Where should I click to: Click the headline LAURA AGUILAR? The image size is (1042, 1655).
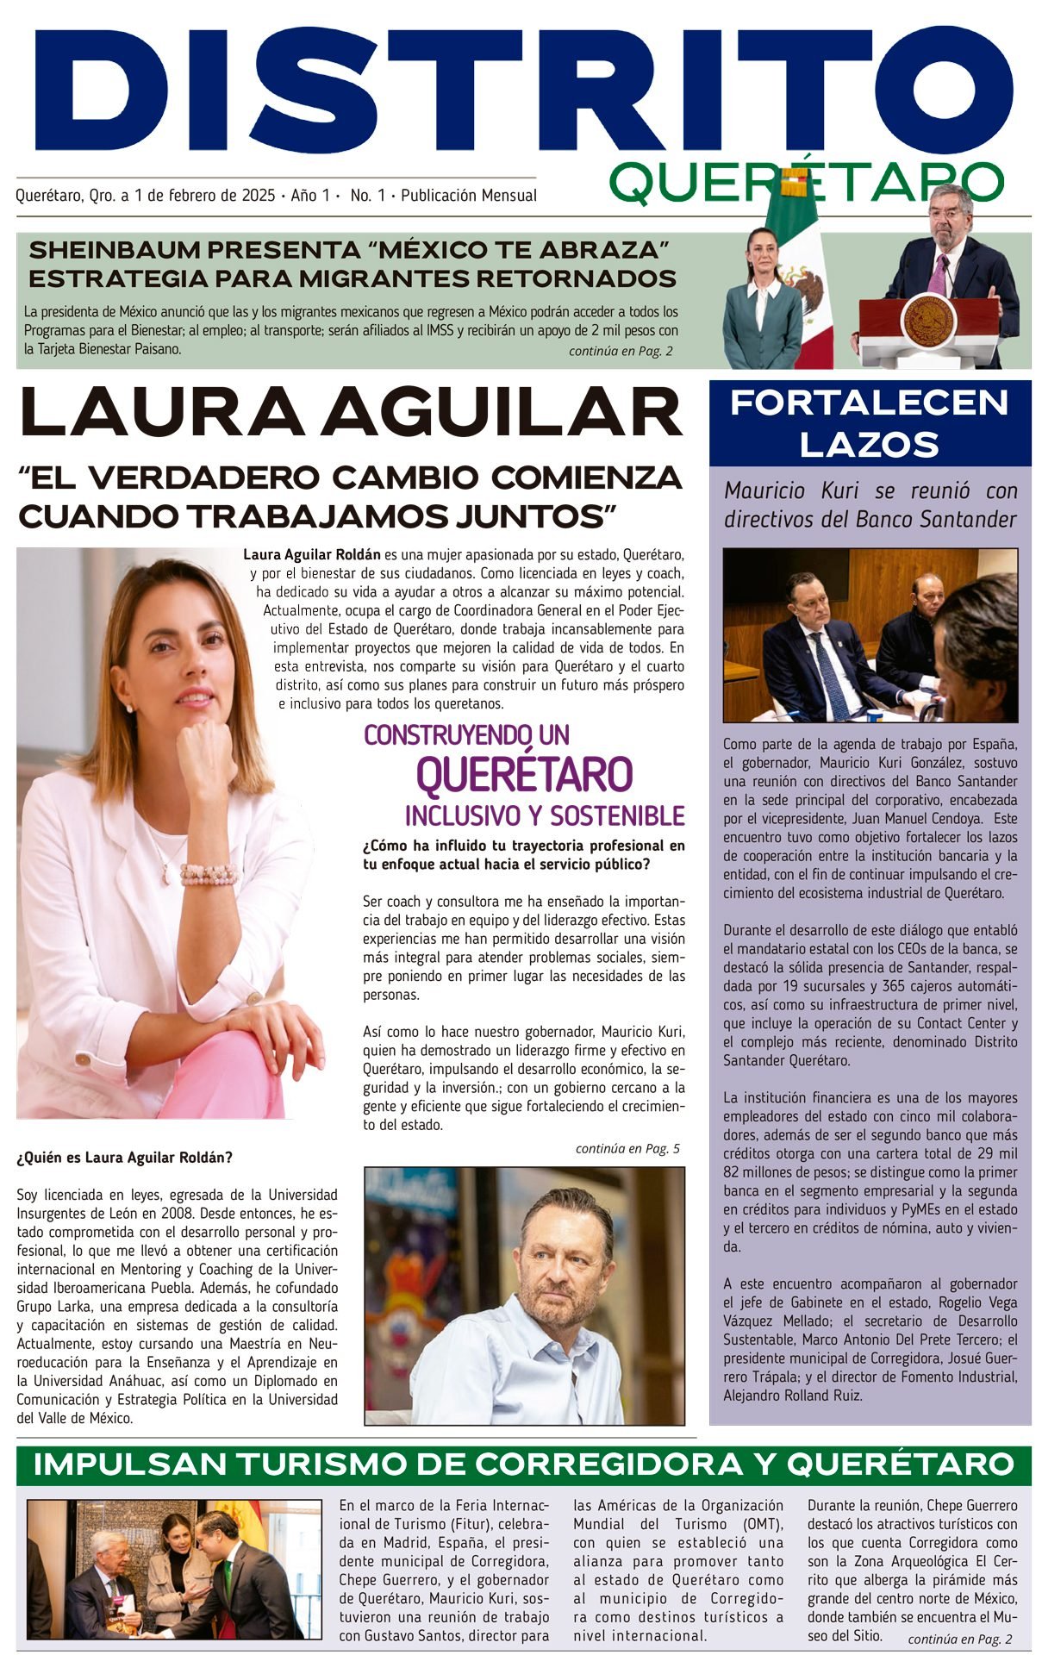tap(351, 412)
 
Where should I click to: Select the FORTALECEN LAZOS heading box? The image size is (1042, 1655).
tap(870, 423)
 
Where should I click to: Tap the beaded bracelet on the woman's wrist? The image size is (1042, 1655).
tap(208, 874)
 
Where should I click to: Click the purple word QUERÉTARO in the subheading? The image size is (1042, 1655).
tap(524, 773)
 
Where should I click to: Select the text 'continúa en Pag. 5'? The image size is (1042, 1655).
tap(627, 1149)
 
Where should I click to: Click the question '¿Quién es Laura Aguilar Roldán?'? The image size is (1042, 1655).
tap(125, 1158)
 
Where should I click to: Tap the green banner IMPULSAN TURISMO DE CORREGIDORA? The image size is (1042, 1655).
tap(523, 1465)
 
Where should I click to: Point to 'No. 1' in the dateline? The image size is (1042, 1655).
tap(368, 196)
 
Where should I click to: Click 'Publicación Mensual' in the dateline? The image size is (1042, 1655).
tap(469, 196)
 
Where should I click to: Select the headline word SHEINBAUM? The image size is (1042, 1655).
tap(114, 251)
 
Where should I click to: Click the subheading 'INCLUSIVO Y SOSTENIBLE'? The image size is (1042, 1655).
tap(545, 815)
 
